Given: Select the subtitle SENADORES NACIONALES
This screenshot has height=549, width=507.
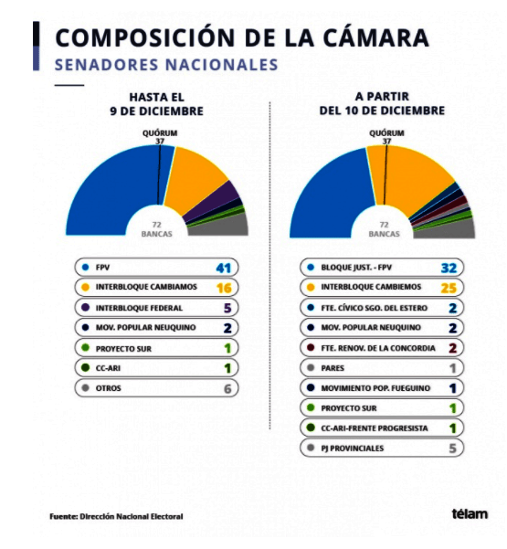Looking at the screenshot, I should (166, 65).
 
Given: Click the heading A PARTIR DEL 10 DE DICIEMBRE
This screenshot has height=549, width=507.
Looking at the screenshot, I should (382, 103).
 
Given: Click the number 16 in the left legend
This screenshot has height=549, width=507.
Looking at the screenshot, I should (225, 288).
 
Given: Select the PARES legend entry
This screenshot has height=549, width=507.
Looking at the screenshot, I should (333, 368).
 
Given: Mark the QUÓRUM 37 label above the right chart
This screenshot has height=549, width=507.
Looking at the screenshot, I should (386, 136).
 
